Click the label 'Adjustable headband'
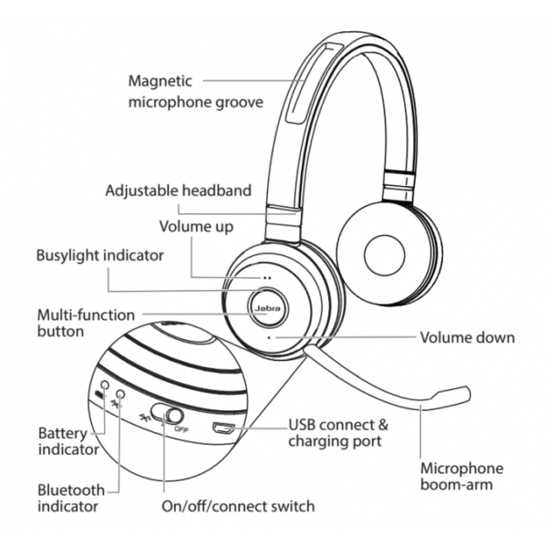tap(178, 191)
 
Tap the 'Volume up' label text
tap(196, 226)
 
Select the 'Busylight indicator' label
tap(99, 256)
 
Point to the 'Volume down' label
tap(467, 337)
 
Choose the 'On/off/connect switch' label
tap(237, 506)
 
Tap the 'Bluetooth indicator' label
tap(71, 498)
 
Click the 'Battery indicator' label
tap(68, 440)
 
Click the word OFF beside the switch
tap(181, 428)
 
